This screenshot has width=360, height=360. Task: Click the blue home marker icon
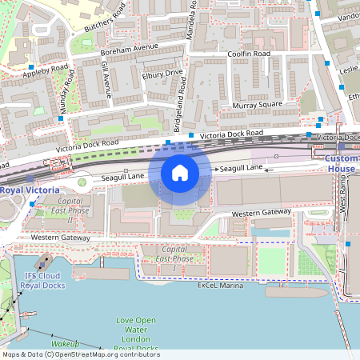coord(180,172)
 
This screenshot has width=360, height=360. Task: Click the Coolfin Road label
coord(249,54)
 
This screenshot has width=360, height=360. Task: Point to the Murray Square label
coord(257,105)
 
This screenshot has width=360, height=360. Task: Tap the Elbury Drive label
coord(162,78)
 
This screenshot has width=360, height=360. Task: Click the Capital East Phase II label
coord(70,210)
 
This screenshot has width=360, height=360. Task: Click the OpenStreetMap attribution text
coord(81,354)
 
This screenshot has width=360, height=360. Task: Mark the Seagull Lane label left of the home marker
coord(124,176)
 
